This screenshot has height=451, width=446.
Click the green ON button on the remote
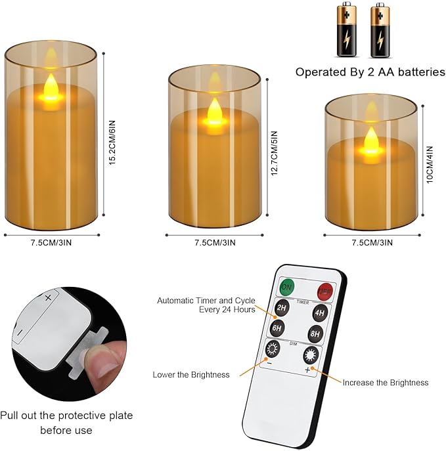click(287, 287)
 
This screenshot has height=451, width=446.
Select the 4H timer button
click(320, 312)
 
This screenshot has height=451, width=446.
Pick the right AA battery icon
click(378, 30)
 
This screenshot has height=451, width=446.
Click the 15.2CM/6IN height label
click(112, 142)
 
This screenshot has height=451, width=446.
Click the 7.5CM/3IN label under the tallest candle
click(51, 242)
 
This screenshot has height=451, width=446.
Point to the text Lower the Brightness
click(191, 375)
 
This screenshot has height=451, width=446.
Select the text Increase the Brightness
click(386, 382)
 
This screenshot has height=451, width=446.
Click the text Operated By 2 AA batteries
click(370, 72)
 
